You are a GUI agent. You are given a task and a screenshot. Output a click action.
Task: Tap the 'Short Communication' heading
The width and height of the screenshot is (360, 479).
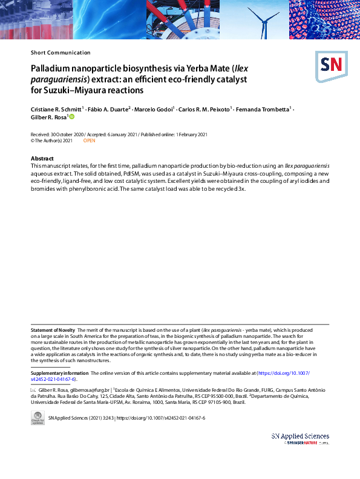[x=61, y=53]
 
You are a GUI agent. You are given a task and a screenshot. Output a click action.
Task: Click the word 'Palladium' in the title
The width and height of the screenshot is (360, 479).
[x=51, y=69]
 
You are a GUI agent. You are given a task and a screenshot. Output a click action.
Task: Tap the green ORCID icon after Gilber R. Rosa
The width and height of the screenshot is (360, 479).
[x=71, y=117]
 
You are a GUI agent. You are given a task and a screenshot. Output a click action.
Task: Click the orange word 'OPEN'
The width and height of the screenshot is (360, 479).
[x=90, y=140]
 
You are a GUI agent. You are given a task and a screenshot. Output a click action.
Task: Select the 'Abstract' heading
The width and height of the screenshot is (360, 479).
[x=42, y=159]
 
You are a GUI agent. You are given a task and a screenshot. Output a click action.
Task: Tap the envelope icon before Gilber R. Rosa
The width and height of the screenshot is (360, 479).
[x=33, y=390]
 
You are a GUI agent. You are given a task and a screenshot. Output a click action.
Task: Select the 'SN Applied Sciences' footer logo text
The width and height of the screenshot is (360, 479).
[x=301, y=436]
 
